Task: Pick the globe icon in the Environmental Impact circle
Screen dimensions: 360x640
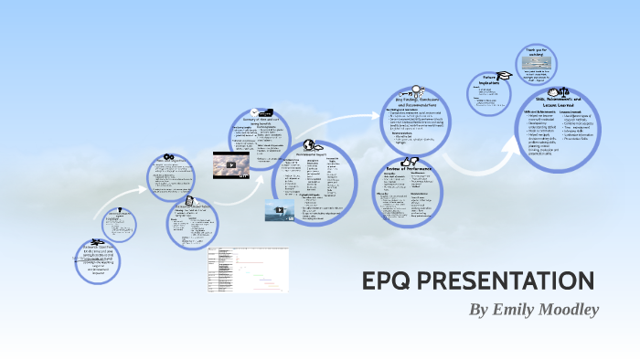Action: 310,144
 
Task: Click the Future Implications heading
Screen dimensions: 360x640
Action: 494,81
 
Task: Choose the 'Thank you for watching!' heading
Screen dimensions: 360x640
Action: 535,52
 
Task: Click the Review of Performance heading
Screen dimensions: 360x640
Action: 408,171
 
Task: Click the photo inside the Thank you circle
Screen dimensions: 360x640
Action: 535,65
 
